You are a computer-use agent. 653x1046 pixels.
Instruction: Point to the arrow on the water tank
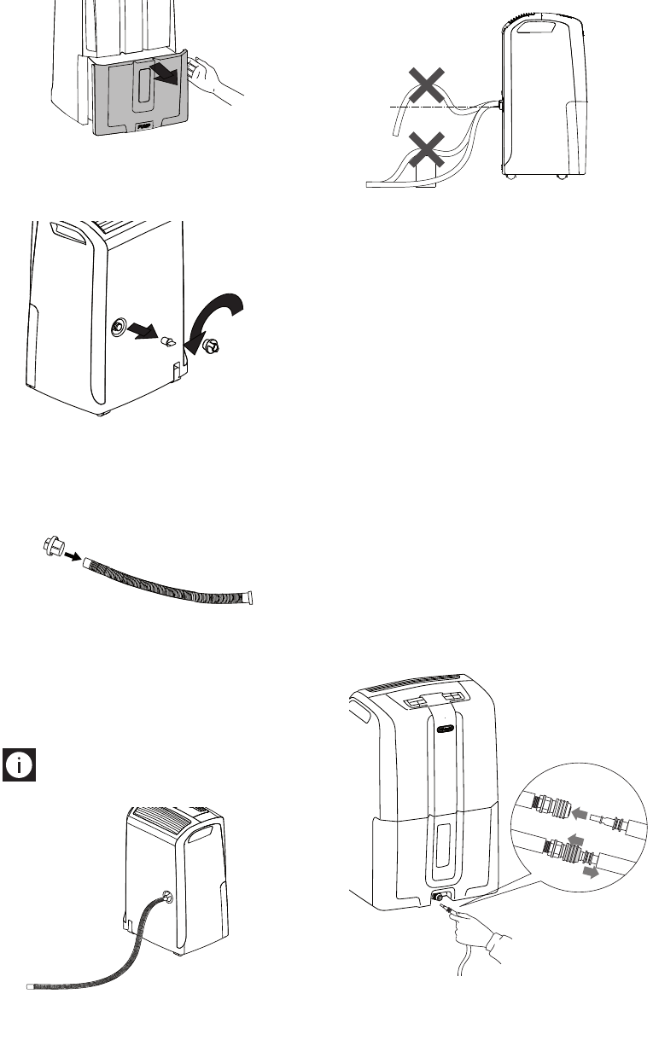164,74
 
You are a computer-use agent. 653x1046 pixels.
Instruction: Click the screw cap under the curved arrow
209,346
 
